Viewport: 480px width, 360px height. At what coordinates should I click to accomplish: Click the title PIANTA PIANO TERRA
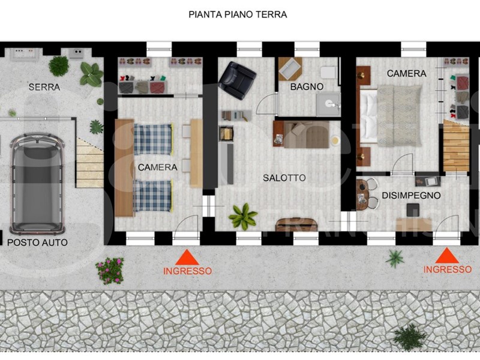point(238,14)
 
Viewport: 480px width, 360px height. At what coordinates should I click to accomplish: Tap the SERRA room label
point(44,87)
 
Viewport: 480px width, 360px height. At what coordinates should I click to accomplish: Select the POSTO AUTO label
point(37,243)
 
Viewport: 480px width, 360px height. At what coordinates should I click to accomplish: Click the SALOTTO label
point(284,178)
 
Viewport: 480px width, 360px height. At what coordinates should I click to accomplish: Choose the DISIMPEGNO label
point(411,196)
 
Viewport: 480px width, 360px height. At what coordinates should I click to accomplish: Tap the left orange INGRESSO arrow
point(187,258)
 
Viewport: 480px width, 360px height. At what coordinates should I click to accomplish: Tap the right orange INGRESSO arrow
point(447,257)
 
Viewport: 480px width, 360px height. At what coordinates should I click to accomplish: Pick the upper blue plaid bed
point(153,139)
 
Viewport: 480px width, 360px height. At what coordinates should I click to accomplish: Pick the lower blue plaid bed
point(153,195)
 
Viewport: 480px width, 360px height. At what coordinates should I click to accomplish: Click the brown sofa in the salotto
point(303,134)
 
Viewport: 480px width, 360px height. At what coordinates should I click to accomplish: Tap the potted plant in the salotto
point(243,215)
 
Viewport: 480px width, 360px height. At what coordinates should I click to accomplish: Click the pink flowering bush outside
point(109,270)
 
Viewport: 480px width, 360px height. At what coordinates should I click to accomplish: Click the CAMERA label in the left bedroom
point(157,167)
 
